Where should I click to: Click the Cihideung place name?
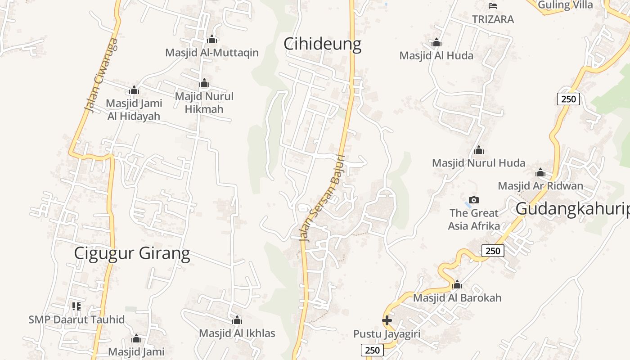322,44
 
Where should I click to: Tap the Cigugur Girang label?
132,253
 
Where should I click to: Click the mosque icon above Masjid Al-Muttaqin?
212,40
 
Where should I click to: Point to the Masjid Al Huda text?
436,56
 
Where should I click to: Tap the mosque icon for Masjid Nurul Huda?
479,150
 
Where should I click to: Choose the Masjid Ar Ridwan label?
540,185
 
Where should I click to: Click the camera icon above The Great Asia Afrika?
473,200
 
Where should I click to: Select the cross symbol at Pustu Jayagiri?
387,320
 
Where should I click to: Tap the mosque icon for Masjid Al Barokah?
457,284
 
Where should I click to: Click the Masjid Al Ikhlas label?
237,333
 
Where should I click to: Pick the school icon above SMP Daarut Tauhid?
76,306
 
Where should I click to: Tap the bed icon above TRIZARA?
493,6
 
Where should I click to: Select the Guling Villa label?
565,5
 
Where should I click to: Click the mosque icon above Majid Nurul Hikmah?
204,83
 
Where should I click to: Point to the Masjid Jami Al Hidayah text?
134,110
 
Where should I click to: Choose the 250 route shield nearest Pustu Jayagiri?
372,350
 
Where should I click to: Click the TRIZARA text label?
493,19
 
